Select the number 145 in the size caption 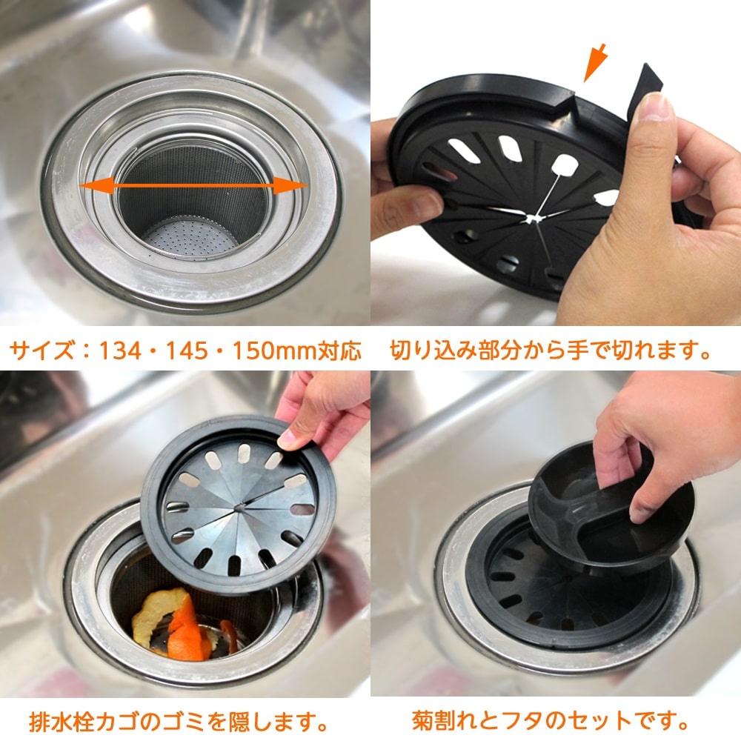[187, 350]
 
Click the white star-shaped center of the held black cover [534, 219]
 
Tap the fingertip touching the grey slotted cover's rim [289, 439]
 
